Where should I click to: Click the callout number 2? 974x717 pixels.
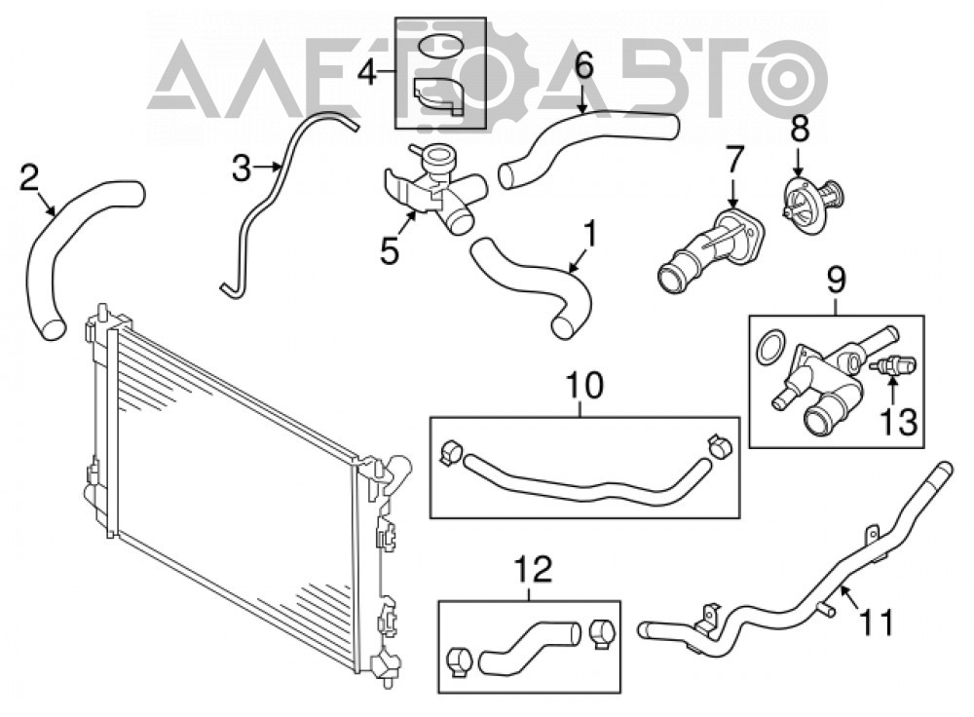tap(29, 177)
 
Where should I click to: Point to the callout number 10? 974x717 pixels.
tap(583, 385)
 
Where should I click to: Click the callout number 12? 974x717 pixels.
tap(534, 569)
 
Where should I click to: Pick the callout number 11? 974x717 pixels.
tap(876, 622)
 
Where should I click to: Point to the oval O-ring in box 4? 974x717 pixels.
tap(440, 47)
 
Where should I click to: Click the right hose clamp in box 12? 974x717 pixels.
tap(602, 633)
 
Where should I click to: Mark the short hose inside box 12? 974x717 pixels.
tap(529, 649)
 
